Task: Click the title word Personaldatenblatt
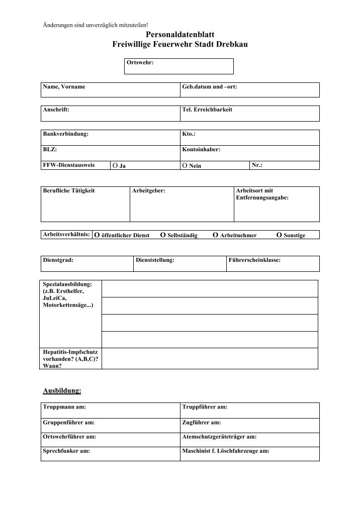click(x=180, y=34)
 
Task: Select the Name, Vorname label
click(x=64, y=87)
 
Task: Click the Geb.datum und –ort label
click(x=209, y=87)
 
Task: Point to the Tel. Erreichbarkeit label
click(x=207, y=110)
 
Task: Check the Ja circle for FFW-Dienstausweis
click(x=115, y=165)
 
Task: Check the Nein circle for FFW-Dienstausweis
click(x=185, y=165)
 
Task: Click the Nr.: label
click(x=257, y=165)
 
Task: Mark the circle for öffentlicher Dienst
click(x=98, y=235)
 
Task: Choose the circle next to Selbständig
click(x=163, y=235)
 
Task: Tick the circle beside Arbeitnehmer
click(x=216, y=235)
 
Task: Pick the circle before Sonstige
click(x=280, y=235)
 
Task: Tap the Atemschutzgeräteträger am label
click(x=219, y=437)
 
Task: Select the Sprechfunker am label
click(x=66, y=451)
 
